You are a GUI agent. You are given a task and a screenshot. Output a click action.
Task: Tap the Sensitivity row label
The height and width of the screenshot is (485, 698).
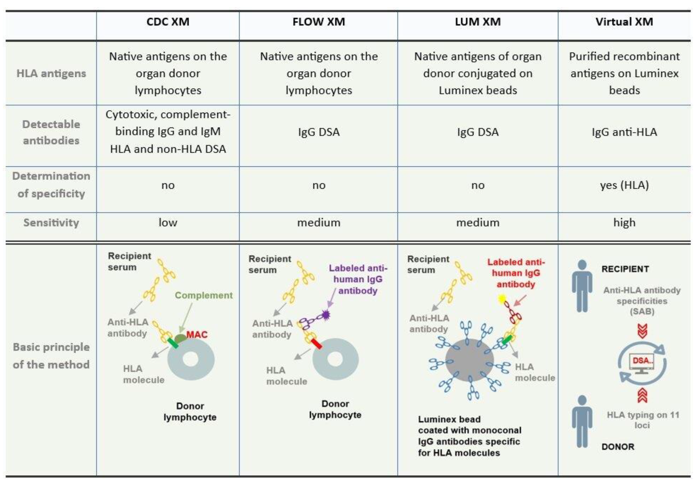pos(51,223)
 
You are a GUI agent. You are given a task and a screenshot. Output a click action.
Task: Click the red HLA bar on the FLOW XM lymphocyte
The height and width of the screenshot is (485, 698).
pos(316,344)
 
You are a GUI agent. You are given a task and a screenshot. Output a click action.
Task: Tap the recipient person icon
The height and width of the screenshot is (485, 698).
pos(582,286)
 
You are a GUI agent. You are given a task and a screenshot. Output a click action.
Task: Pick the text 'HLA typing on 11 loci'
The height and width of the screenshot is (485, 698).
pos(642,420)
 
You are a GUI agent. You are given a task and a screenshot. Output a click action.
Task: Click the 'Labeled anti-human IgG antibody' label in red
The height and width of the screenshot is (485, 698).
pos(516,273)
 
